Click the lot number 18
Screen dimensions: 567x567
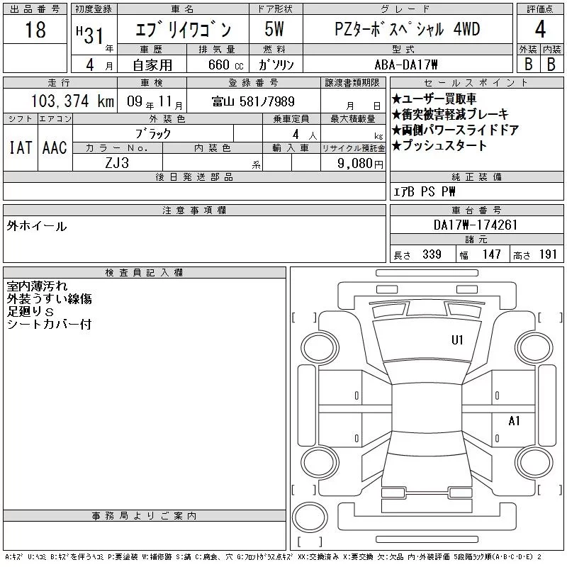point(35,30)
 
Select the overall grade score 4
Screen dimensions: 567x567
point(540,29)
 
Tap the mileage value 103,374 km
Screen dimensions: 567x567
point(72,101)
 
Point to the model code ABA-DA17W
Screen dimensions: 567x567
point(406,64)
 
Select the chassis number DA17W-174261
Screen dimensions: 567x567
point(476,225)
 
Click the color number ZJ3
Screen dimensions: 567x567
point(117,163)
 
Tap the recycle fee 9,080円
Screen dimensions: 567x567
point(360,164)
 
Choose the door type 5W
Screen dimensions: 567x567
point(274,29)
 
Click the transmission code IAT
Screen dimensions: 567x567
point(21,147)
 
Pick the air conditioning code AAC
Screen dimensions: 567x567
point(55,147)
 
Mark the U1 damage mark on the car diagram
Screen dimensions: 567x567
point(457,340)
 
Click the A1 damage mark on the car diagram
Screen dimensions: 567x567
point(515,420)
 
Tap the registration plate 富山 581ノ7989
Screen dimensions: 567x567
point(254,101)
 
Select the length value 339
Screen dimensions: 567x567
point(432,254)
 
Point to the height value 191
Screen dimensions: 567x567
point(548,254)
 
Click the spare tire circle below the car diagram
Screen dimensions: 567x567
point(310,517)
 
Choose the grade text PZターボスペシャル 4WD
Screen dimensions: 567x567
point(408,29)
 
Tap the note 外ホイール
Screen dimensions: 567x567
point(37,226)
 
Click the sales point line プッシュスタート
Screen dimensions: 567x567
point(439,145)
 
